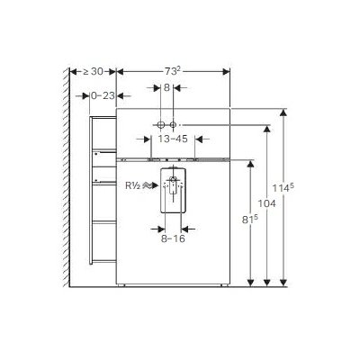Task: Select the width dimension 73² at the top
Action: tap(172, 70)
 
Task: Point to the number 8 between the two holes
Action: tap(167, 88)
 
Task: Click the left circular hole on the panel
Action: tap(159, 124)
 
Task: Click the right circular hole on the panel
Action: tap(175, 124)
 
